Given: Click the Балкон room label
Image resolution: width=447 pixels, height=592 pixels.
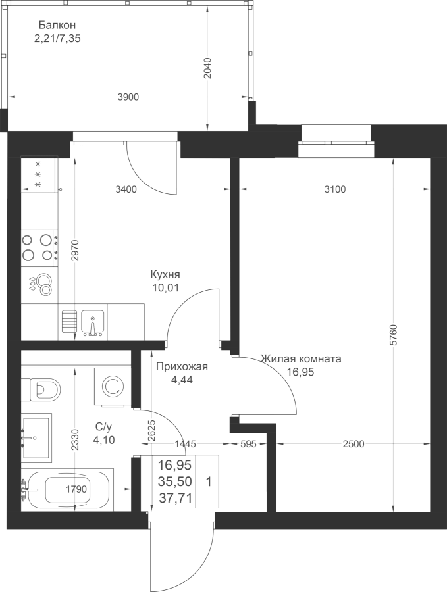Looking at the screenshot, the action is pos(57,25).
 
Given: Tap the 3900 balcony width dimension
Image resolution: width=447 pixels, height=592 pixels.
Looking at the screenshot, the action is pos(128,97).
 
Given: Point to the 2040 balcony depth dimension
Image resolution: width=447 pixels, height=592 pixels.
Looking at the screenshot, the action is pos(207,68).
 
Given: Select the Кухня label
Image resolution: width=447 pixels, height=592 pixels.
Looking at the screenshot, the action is pos(165,274).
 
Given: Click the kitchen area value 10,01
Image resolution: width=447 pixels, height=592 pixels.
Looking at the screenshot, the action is pos(165,288).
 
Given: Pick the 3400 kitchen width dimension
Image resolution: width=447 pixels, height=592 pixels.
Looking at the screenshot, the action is pos(126,189).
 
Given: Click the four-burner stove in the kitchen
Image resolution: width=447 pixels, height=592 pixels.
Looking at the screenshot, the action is pos(39,248).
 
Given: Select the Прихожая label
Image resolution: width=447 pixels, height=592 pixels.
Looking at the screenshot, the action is pos(182,366).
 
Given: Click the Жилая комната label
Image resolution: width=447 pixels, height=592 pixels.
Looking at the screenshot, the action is pos(301,358).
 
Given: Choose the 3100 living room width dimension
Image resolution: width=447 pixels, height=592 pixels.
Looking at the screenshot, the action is pos(335,189).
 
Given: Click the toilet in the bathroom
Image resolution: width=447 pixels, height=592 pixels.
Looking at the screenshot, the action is pos(41,389).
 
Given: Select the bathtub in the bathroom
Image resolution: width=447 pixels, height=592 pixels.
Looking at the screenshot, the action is pos(68,489).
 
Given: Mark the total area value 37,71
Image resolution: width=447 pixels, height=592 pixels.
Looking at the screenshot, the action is pos(175,499).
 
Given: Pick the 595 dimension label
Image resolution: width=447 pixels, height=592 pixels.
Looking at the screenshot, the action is pos(249,444).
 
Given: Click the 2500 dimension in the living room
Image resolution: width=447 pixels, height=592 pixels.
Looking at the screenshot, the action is pos(354,444).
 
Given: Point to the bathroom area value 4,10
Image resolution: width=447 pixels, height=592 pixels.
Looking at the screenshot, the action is pos(103,440).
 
